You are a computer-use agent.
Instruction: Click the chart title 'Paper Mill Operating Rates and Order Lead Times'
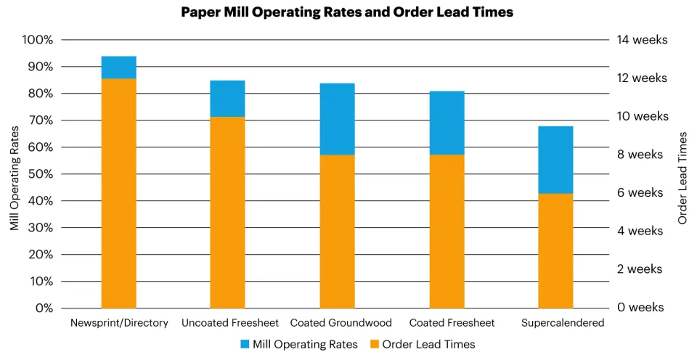pos(348,12)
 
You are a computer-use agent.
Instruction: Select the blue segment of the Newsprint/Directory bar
pos(119,67)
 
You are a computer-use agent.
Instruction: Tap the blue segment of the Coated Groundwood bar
pos(338,119)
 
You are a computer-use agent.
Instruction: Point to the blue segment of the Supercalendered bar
pos(556,160)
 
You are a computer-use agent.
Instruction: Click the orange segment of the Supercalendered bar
pos(556,250)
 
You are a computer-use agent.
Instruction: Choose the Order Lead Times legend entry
pos(423,344)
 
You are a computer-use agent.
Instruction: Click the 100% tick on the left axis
pos(38,40)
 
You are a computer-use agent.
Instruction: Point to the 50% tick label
pos(40,174)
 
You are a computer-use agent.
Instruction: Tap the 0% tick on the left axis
pos(43,308)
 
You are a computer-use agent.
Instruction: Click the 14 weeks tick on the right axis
pos(642,40)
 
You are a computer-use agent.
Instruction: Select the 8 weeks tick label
pos(640,155)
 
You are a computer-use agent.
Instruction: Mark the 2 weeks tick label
pos(640,269)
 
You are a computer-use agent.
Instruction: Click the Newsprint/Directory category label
pos(119,323)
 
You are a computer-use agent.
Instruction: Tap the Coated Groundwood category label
pos(341,323)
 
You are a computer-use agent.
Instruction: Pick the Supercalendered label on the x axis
pos(563,323)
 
